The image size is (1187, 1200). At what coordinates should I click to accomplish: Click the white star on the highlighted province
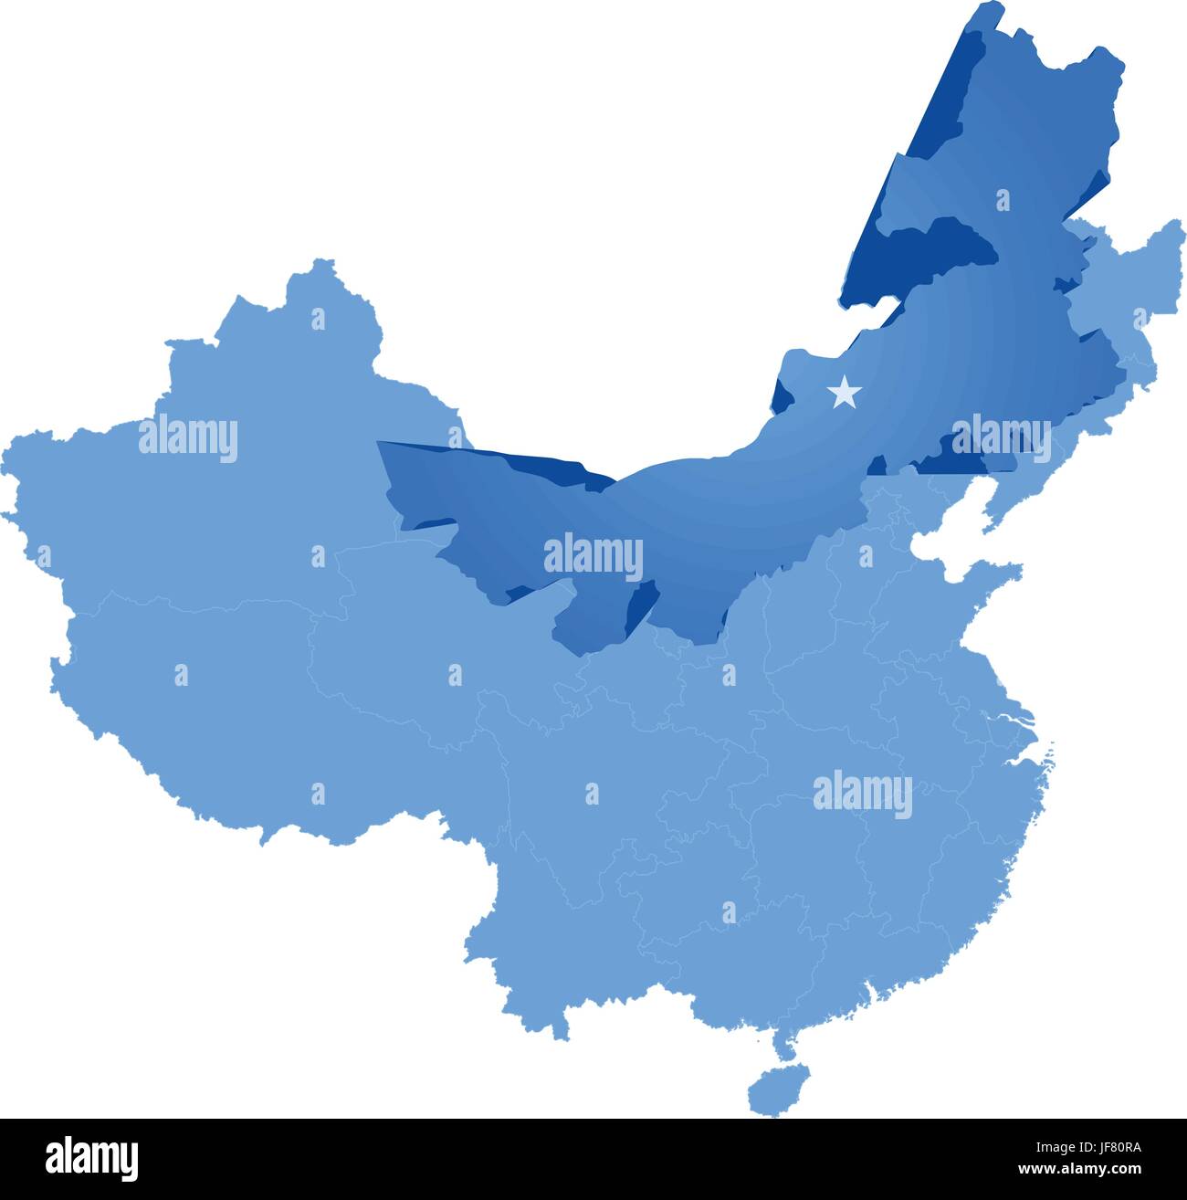tap(844, 393)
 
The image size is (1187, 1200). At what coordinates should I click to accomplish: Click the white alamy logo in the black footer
tap(92, 1157)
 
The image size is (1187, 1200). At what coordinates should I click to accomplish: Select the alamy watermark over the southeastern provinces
tap(862, 795)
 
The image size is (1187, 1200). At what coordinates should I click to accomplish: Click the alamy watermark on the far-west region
tap(188, 438)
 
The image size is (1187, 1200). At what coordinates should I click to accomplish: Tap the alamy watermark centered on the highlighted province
tap(593, 557)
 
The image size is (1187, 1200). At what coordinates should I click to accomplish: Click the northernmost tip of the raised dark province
tap(990, 7)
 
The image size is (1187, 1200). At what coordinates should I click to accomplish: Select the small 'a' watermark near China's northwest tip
tap(318, 319)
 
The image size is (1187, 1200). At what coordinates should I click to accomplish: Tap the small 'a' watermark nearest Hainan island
tap(729, 911)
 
